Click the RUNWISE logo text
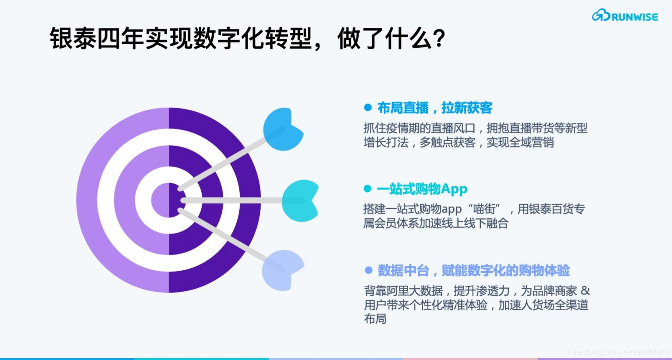pos(634,17)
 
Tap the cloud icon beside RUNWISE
pos(601,16)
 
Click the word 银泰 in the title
pos(73,38)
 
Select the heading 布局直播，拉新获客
pos(434,108)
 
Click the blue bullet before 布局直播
pos(368,108)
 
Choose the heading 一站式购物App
pos(422,189)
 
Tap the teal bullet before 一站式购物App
pos(367,189)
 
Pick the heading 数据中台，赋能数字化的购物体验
pos(473,271)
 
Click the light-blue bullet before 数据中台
pos(368,271)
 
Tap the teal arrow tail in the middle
pos(300,200)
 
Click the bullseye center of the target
pos(169,200)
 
